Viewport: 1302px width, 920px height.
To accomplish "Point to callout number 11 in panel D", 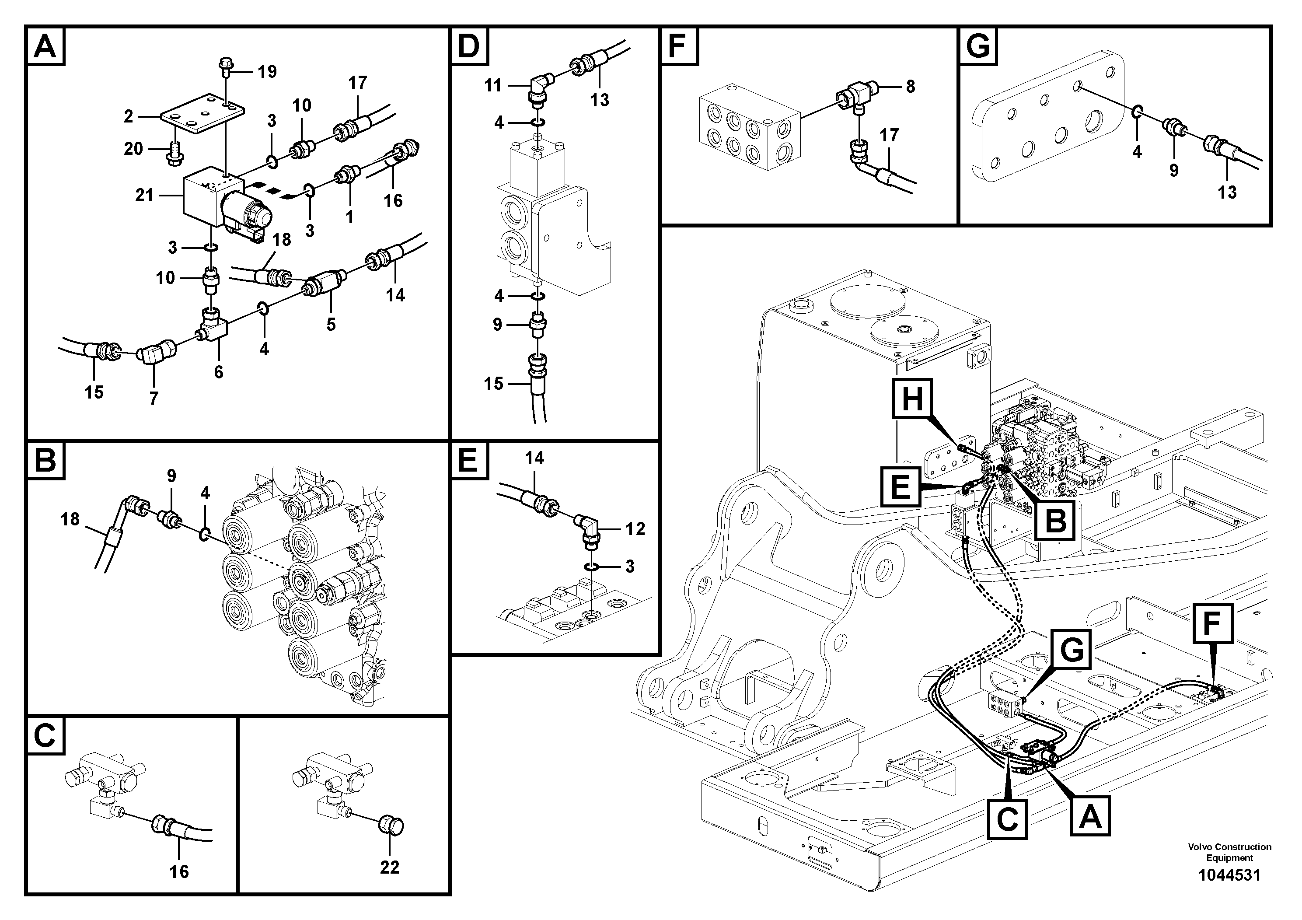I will pos(493,86).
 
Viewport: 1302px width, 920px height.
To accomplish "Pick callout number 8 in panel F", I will pos(910,87).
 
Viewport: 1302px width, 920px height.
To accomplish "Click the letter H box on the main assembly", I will pos(912,399).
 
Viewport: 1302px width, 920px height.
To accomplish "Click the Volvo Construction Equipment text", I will pos(1229,852).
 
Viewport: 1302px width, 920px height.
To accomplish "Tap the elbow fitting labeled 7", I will pos(155,353).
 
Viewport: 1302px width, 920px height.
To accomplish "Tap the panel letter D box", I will pos(468,46).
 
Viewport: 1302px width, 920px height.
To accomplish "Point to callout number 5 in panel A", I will pos(331,325).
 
